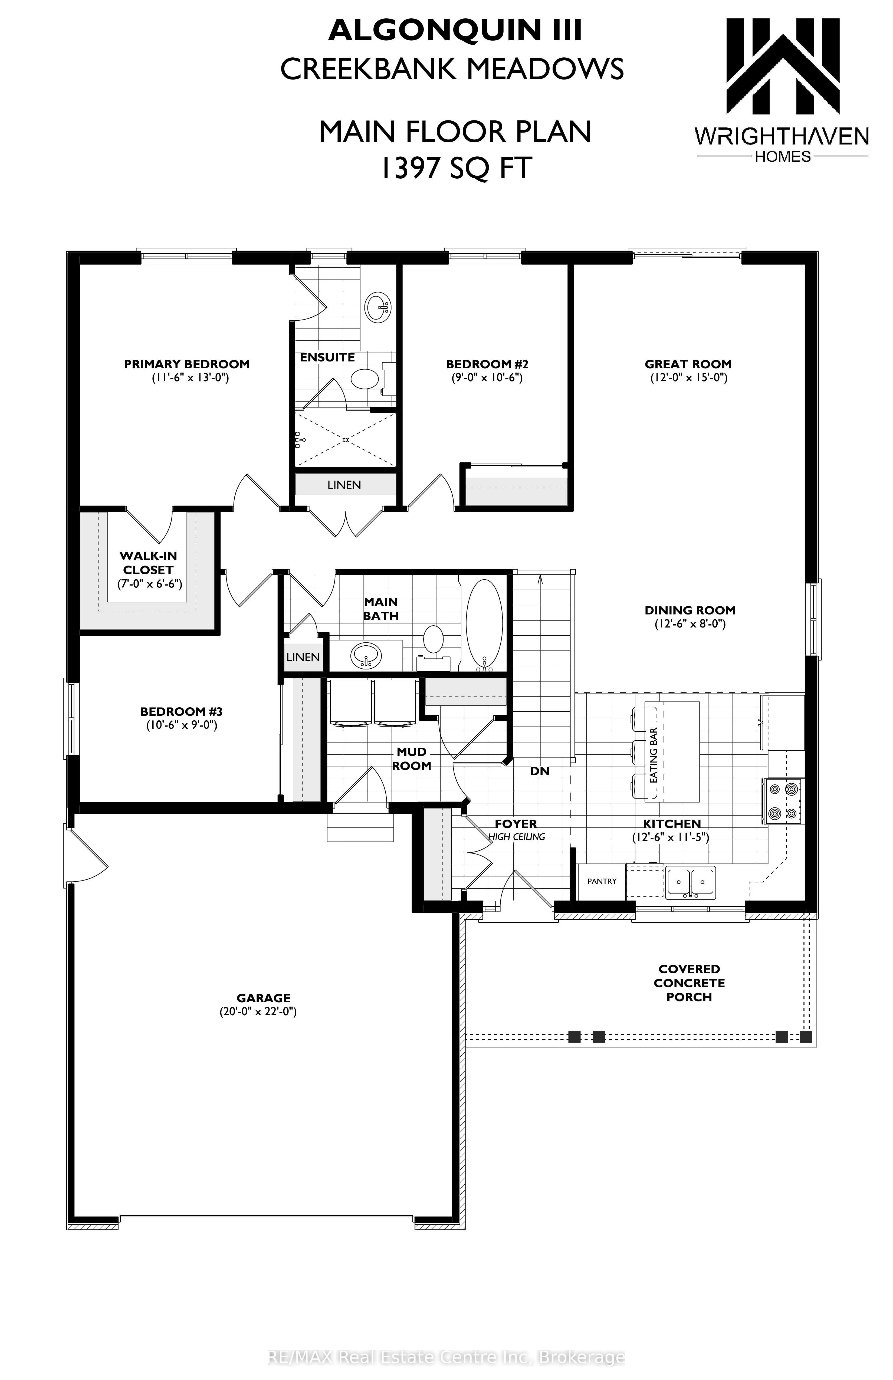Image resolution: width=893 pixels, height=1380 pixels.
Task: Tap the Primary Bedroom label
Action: click(187, 364)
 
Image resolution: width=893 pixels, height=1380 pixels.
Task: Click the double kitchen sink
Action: click(690, 882)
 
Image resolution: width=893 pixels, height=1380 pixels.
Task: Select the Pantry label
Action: click(602, 881)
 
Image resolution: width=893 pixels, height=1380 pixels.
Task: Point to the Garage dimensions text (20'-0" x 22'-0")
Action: click(258, 1012)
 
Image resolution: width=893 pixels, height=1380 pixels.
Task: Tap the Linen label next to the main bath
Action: click(303, 657)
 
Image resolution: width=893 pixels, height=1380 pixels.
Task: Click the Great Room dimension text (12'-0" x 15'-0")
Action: click(688, 377)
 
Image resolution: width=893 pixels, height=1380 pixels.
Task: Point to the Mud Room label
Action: click(412, 758)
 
